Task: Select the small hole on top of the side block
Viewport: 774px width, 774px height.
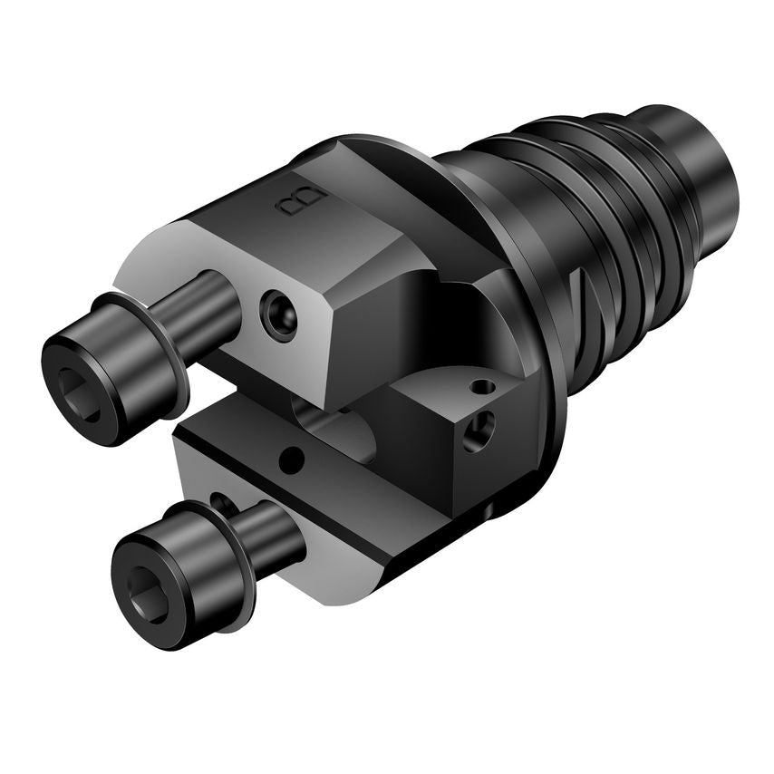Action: point(484,388)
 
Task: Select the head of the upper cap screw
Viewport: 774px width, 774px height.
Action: point(100,372)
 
